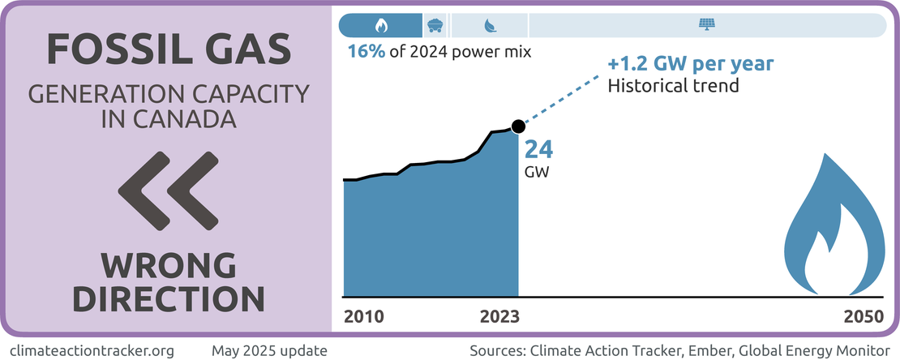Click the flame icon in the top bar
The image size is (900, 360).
tap(382, 25)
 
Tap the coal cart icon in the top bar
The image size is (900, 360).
tap(435, 25)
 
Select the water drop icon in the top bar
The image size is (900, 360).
tap(490, 25)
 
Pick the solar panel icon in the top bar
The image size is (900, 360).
tap(706, 25)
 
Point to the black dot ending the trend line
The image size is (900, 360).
tap(519, 126)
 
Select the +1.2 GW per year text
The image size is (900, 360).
tap(691, 63)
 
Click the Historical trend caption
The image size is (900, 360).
tap(674, 84)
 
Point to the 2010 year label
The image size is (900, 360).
tap(363, 316)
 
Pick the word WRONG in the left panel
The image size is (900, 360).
tap(169, 264)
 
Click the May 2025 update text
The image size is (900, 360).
tap(269, 350)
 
